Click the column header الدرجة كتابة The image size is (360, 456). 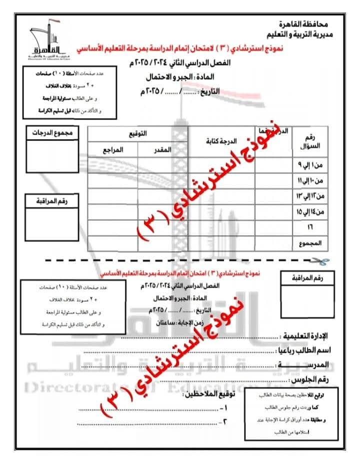[x=222, y=142]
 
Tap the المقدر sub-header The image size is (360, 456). [x=162, y=149]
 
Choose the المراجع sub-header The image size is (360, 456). [x=113, y=149]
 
